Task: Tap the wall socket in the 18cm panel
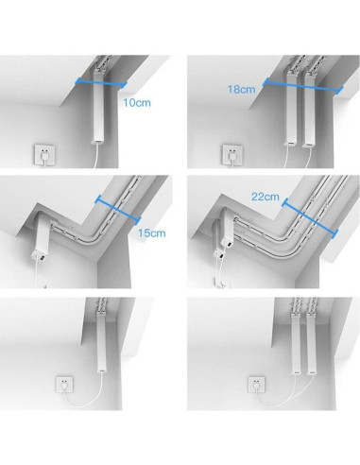pos(230,154)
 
